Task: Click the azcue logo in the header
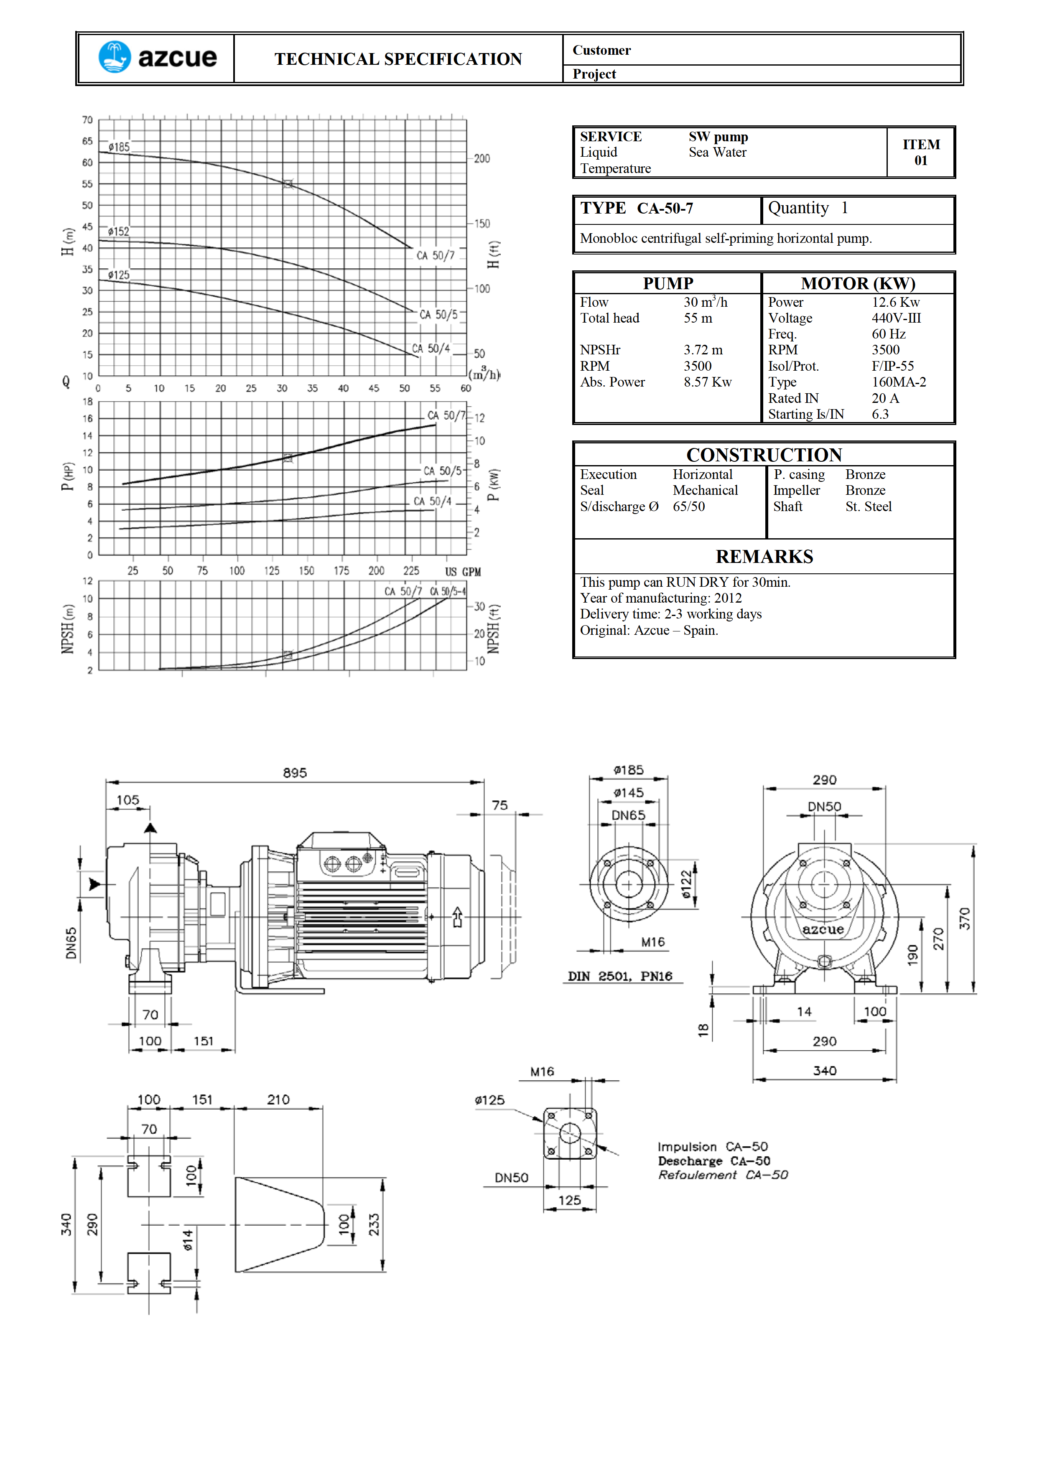157,58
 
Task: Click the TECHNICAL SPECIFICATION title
398,59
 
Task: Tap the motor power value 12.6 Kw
896,303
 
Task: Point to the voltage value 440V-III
896,318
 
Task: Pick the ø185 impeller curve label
119,147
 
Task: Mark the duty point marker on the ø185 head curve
288,184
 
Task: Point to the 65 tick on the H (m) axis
87,141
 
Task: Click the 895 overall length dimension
295,773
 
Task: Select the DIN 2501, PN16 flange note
620,976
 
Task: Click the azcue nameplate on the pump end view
823,930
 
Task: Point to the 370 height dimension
964,918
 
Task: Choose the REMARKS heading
764,557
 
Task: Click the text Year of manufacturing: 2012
661,598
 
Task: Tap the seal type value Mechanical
705,490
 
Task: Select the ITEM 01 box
921,153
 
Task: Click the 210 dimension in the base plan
278,1099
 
